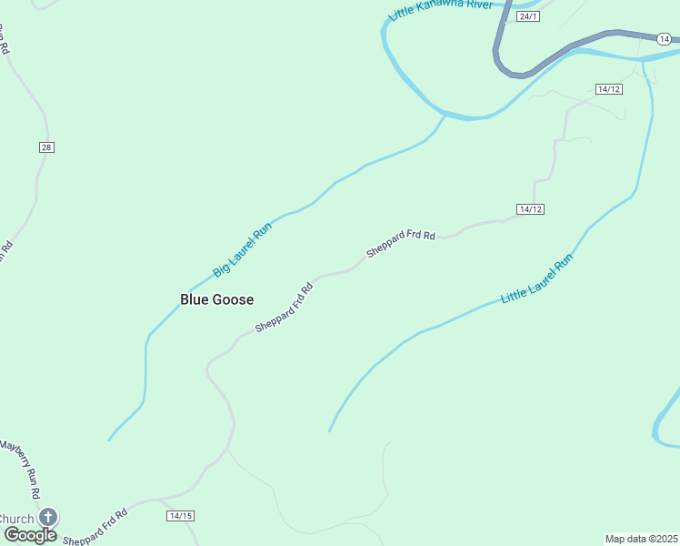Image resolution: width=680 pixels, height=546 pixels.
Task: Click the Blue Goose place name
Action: click(x=216, y=299)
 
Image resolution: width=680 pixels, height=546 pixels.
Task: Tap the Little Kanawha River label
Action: click(x=440, y=10)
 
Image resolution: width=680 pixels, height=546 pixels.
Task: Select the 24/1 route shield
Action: click(x=527, y=16)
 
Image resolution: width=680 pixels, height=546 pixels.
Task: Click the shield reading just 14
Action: click(x=665, y=39)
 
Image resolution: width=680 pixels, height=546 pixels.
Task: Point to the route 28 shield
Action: click(x=46, y=147)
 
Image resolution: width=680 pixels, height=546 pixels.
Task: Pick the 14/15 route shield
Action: click(x=181, y=516)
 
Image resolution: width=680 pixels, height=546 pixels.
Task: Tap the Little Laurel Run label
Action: click(x=537, y=278)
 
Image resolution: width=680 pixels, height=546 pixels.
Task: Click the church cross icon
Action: click(x=47, y=517)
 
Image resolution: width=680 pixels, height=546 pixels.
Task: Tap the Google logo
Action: click(x=30, y=535)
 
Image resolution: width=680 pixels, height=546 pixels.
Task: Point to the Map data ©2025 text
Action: click(x=641, y=538)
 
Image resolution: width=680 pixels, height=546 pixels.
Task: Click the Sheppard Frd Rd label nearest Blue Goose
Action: click(x=284, y=307)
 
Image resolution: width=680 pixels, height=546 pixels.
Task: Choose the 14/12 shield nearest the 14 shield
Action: click(x=609, y=88)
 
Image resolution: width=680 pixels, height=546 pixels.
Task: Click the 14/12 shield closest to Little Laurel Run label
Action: click(x=530, y=209)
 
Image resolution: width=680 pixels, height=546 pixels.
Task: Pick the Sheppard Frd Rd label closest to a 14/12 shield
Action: click(x=401, y=242)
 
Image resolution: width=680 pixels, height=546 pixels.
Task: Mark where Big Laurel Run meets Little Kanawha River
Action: click(x=445, y=116)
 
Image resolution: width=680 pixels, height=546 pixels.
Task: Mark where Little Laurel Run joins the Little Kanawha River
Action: click(x=645, y=61)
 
